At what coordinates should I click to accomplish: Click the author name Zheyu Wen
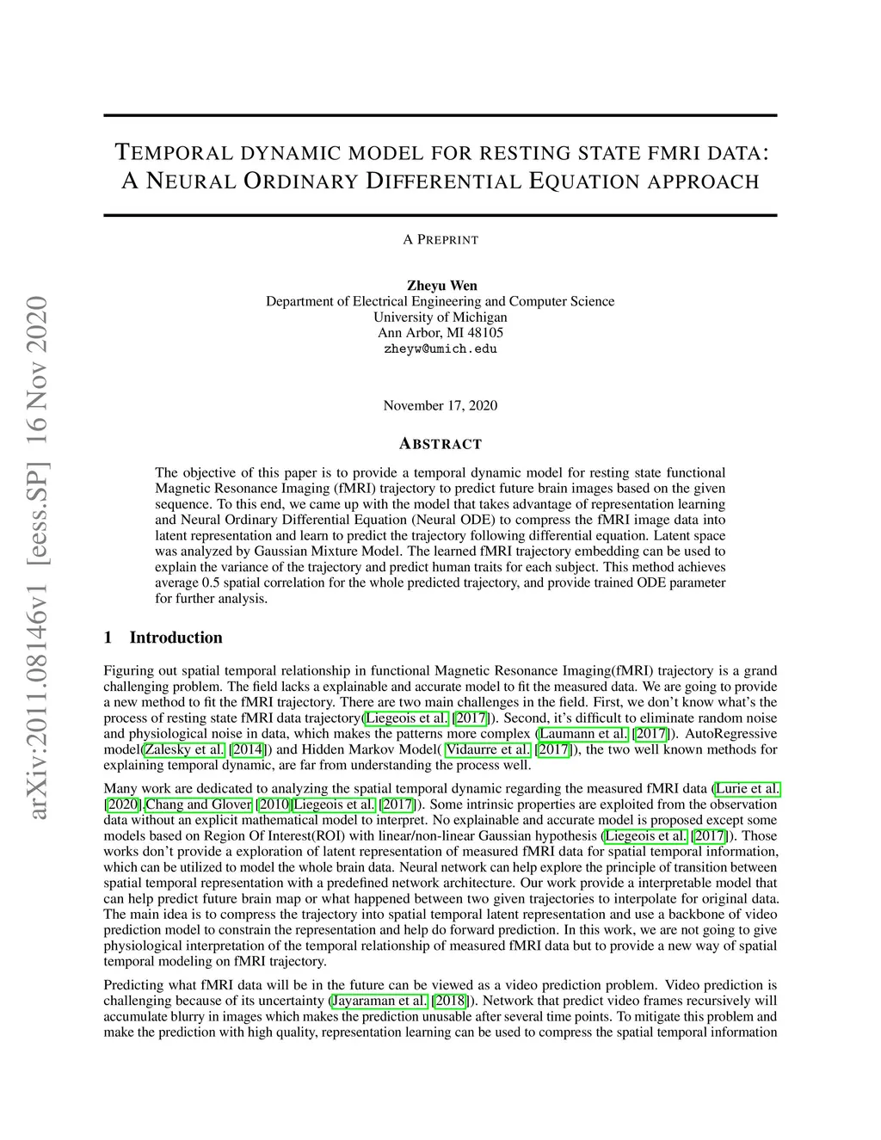(440, 286)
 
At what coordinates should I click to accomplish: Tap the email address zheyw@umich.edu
(440, 349)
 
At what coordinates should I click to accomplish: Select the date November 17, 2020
(440, 405)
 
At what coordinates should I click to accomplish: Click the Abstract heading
(440, 444)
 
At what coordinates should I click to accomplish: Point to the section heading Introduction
(176, 638)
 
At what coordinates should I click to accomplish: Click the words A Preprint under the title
(440, 239)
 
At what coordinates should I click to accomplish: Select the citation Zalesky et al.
(184, 749)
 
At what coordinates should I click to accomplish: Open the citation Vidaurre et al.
(488, 749)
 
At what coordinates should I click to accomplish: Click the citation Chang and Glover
(199, 804)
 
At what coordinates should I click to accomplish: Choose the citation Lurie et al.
(748, 788)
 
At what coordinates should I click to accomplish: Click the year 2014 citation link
(247, 749)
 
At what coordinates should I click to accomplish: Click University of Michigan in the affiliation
(440, 317)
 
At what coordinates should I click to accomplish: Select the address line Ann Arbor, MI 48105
(440, 333)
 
